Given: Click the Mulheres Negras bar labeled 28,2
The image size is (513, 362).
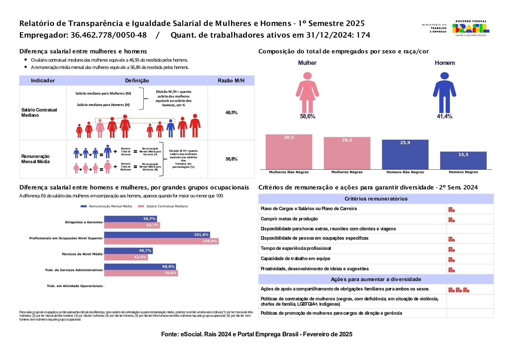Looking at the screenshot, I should [347, 153].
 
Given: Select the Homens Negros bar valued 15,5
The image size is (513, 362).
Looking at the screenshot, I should [463, 160].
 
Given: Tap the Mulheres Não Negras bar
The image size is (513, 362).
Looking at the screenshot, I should [289, 152].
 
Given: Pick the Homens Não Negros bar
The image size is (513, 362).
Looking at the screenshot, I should [405, 154].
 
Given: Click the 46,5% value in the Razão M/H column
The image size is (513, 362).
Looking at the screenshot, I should [231, 113].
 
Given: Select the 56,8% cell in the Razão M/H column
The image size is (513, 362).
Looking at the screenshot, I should [231, 159].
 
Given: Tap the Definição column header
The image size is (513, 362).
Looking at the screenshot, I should [137, 81].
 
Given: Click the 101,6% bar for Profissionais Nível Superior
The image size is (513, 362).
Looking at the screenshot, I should [157, 235].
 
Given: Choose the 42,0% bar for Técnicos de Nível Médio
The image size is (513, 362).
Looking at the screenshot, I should [126, 257].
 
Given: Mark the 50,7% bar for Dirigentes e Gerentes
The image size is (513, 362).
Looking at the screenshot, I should [130, 219].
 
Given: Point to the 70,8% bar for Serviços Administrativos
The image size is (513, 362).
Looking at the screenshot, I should [141, 273].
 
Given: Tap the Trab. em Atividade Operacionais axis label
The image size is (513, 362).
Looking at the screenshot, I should [75, 286].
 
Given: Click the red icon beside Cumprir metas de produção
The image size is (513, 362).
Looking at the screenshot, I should [452, 220].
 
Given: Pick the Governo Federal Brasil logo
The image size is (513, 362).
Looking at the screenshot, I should [471, 28].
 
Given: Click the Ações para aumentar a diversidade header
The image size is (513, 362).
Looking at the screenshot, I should [376, 279].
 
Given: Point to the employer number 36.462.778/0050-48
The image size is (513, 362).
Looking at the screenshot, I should [108, 35].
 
